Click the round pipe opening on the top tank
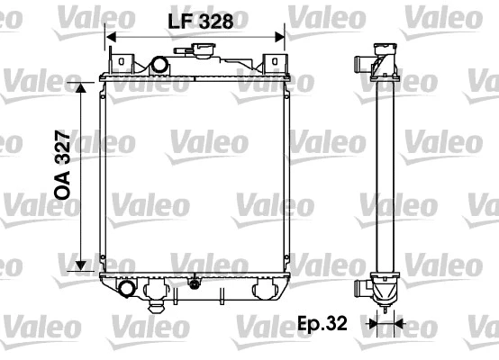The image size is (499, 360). point(160,66)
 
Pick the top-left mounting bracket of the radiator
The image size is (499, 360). point(120,61)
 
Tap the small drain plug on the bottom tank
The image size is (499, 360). point(193,284)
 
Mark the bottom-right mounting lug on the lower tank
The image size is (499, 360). point(266,291)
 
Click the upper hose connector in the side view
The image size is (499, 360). point(366,65)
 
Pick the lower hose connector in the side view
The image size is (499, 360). point(366,290)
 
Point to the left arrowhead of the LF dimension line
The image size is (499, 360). point(110,37)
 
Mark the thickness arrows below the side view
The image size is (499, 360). point(385,321)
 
